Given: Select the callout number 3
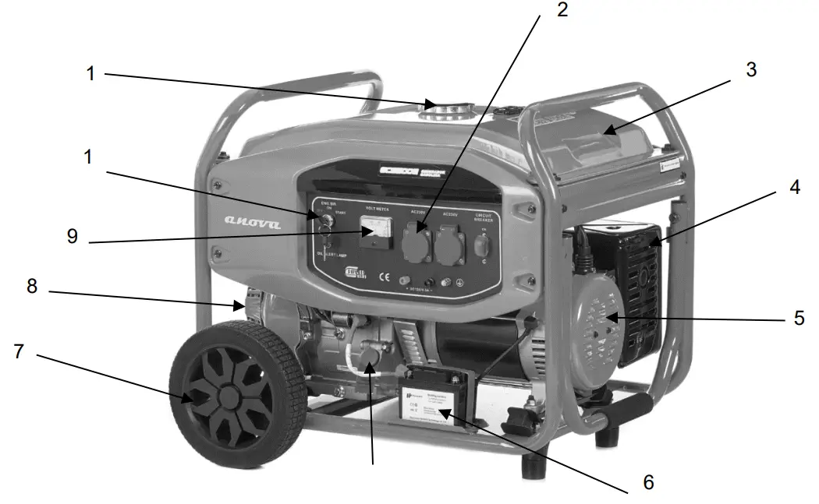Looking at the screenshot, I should click(750, 69).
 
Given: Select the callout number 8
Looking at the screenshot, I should click(31, 287).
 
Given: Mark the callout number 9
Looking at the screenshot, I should click(72, 236).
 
